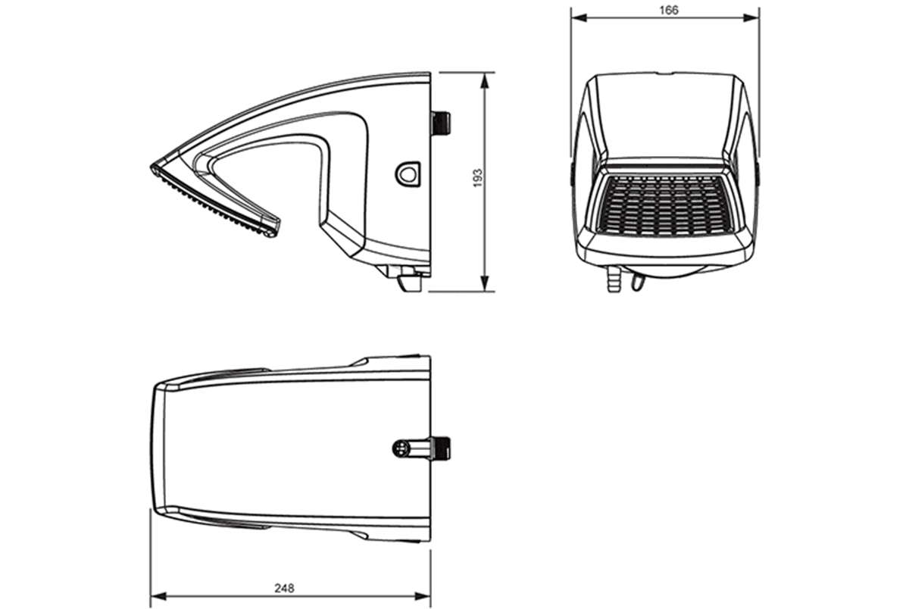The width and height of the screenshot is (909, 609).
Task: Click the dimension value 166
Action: (x=669, y=11)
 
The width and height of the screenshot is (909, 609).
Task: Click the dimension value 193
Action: (x=478, y=178)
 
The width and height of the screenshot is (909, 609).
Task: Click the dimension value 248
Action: (x=284, y=588)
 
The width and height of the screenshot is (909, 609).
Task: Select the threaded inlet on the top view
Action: (x=441, y=448)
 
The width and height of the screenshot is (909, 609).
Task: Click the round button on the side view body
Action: (x=408, y=174)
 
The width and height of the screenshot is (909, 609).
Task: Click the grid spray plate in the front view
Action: (x=665, y=206)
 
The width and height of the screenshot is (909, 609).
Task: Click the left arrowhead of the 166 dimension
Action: (x=579, y=17)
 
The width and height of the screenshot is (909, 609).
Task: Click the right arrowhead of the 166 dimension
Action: (x=752, y=17)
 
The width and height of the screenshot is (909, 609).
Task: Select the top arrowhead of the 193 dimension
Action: (x=485, y=80)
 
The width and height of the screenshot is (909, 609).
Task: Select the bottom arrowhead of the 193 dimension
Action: (x=485, y=283)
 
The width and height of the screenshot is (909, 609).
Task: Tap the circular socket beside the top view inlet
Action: (x=399, y=448)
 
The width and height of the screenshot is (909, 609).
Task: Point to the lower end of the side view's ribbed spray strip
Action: (x=273, y=233)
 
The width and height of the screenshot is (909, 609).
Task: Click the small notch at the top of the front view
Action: (x=665, y=73)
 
